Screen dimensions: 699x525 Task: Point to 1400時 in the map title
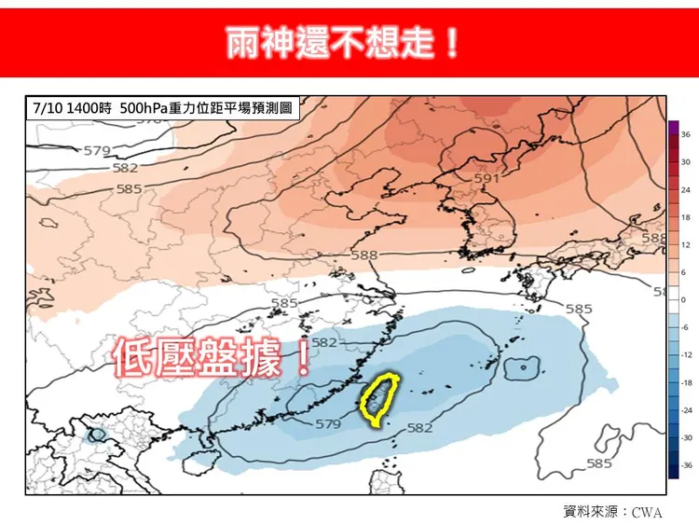89,108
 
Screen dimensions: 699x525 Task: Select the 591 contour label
487,177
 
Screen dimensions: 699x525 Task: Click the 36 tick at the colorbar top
685,135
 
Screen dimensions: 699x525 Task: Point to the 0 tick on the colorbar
683,300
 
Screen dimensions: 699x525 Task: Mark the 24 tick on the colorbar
685,190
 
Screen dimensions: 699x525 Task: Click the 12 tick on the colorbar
685,245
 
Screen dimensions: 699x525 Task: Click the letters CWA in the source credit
647,512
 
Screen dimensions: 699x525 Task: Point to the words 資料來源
593,511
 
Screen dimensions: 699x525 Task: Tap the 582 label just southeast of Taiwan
420,428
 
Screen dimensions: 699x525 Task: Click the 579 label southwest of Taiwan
328,424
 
